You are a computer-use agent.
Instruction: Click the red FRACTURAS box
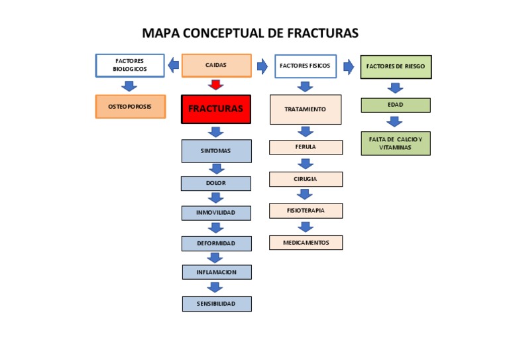215,109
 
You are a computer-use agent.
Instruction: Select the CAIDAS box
216,66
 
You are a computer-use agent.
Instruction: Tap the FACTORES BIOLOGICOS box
130,66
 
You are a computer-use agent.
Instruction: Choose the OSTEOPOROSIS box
130,107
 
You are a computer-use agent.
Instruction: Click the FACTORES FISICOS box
305,66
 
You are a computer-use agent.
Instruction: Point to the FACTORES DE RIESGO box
396,67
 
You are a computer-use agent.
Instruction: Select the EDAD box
396,105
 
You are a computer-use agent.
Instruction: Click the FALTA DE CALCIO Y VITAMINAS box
396,144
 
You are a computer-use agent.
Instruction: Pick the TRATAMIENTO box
305,109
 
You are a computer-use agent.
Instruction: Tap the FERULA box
306,147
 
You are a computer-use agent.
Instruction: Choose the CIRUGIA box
306,179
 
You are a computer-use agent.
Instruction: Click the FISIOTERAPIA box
306,211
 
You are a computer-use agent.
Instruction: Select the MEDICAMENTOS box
306,243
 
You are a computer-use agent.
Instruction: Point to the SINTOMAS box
216,151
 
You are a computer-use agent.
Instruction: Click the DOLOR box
216,183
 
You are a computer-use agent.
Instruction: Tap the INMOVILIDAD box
216,213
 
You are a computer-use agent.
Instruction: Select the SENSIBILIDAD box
216,304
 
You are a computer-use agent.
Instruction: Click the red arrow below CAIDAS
216,85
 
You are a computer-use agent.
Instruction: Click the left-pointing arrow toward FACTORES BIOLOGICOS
173,65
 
